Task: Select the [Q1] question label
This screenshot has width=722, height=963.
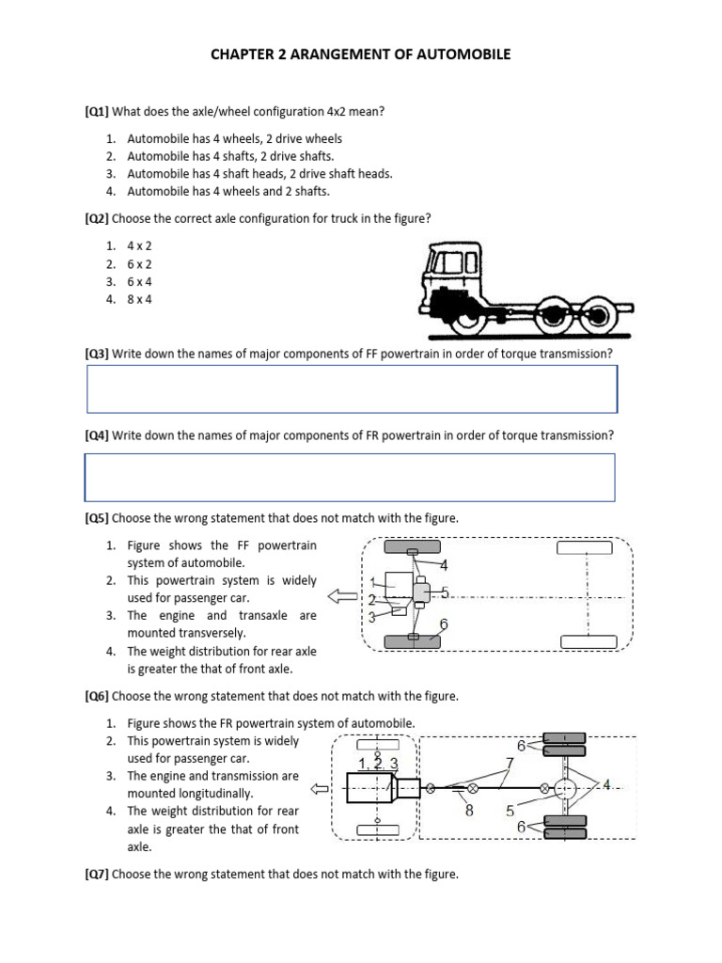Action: coord(97,112)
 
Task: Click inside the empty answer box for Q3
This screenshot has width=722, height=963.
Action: coord(352,389)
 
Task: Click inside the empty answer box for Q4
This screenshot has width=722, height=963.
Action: coord(350,477)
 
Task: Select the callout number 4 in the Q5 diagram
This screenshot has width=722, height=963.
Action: coord(444,565)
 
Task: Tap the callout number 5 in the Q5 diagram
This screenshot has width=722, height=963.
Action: coord(445,592)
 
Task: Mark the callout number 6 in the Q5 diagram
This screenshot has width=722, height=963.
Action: coord(444,624)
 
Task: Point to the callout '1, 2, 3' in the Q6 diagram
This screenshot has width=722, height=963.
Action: coord(380,764)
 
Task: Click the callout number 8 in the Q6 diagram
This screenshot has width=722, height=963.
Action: coord(469,809)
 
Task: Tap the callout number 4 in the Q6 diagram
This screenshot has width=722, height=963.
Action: coord(607,784)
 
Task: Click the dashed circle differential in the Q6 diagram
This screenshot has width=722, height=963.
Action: coord(566,786)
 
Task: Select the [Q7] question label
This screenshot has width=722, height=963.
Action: coord(97,875)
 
